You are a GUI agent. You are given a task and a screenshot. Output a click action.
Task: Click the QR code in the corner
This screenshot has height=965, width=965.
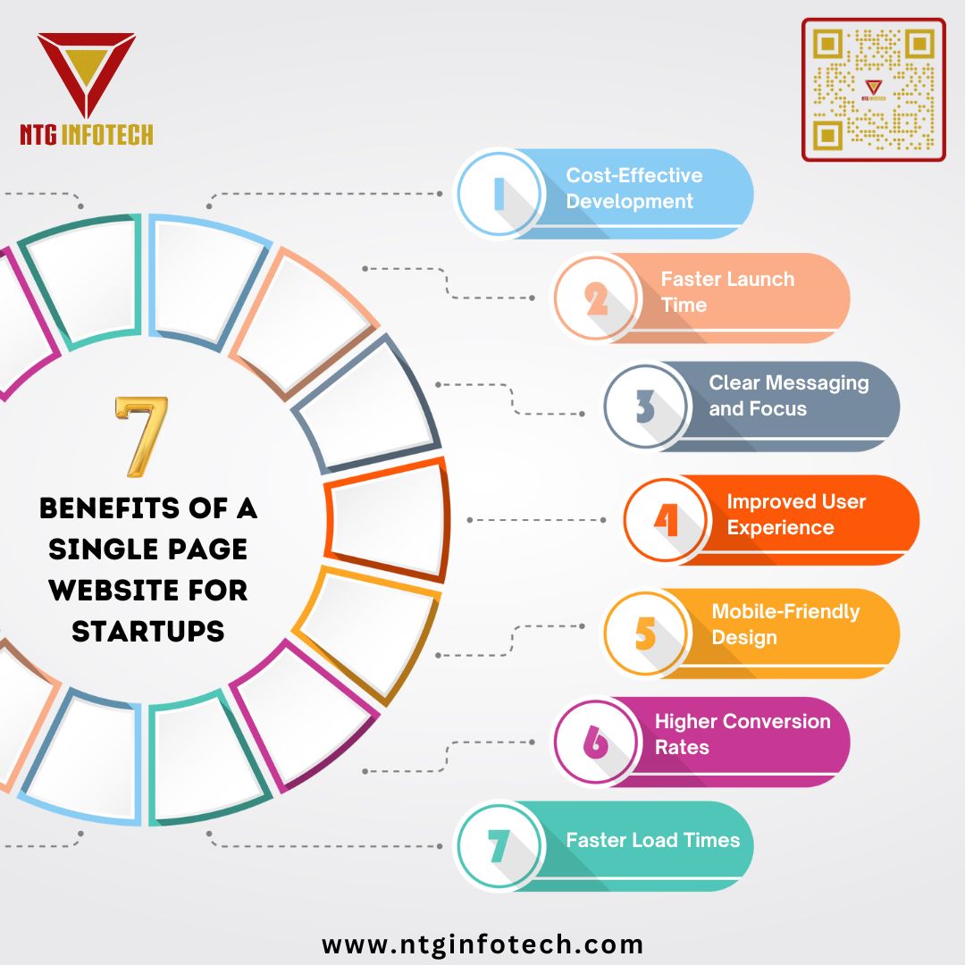(x=873, y=89)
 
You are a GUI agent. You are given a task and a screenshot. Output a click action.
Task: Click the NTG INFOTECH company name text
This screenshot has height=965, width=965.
(x=87, y=134)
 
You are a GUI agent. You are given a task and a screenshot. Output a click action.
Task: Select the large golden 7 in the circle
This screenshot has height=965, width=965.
(x=142, y=437)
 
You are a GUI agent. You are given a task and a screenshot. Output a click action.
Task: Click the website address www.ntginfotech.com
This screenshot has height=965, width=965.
(x=482, y=944)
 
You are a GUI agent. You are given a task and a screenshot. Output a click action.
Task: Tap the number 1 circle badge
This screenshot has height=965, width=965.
(x=499, y=193)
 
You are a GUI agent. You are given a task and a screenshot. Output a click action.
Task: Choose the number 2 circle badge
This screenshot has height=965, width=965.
(x=596, y=298)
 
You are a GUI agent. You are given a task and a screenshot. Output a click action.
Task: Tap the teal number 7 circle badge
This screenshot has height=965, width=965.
(x=499, y=846)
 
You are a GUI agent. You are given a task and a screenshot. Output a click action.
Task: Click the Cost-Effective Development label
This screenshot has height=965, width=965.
(x=634, y=189)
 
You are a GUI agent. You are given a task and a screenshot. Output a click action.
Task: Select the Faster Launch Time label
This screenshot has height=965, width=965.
(x=726, y=292)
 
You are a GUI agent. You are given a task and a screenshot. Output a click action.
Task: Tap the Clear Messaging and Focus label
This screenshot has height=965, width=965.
(x=788, y=396)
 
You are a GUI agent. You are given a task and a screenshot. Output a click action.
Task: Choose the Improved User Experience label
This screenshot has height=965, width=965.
(x=795, y=515)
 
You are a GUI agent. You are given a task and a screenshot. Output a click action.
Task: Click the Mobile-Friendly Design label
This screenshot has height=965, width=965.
(x=785, y=625)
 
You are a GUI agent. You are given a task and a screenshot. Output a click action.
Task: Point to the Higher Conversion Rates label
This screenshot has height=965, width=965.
(x=742, y=734)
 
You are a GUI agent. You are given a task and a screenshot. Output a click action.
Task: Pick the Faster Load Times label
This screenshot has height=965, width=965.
(x=652, y=840)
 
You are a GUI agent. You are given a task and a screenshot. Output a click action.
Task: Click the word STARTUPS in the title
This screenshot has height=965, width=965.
(x=148, y=632)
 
